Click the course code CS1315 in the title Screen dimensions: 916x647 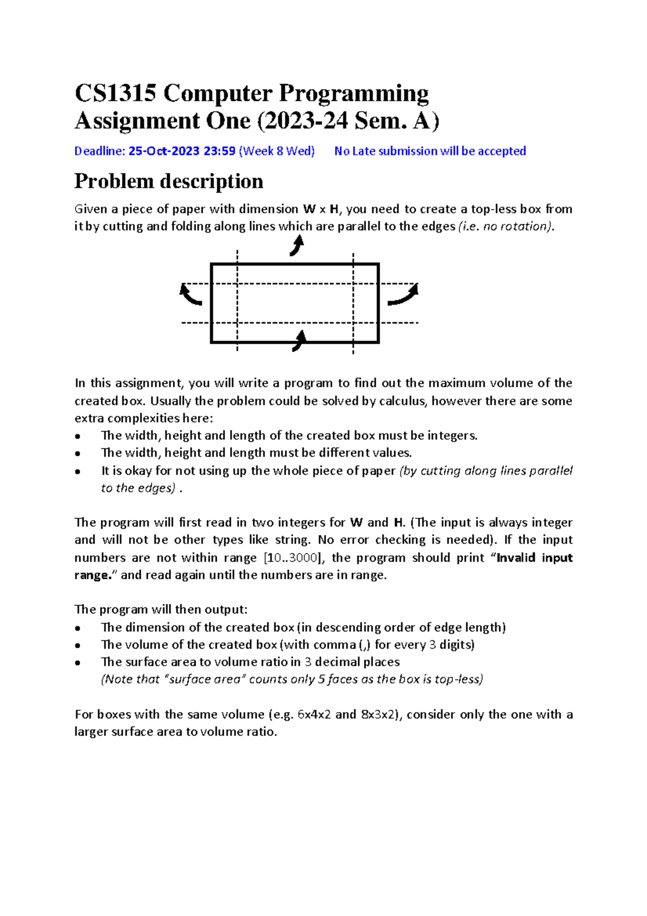(x=115, y=93)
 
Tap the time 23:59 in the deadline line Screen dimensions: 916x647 (x=219, y=151)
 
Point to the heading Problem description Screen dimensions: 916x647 (x=168, y=181)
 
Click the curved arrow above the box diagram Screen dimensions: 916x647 (x=297, y=246)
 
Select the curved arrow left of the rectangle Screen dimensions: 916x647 (x=190, y=295)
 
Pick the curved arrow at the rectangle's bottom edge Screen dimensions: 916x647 (x=299, y=341)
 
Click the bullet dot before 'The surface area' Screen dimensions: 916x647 (x=78, y=662)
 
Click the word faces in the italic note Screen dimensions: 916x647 (x=342, y=679)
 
